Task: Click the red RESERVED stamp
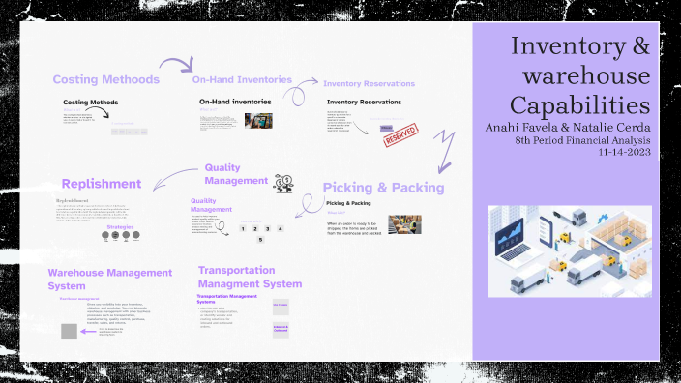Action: pyautogui.click(x=401, y=133)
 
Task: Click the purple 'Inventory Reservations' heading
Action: pyautogui.click(x=369, y=84)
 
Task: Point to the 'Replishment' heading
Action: pyautogui.click(x=101, y=184)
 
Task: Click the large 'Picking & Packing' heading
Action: pyautogui.click(x=383, y=188)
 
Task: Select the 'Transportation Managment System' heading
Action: pyautogui.click(x=250, y=277)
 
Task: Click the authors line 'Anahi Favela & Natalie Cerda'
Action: pyautogui.click(x=567, y=127)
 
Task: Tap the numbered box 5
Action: pyautogui.click(x=260, y=239)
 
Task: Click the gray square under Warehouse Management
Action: pyautogui.click(x=70, y=332)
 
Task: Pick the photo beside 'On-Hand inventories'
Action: pyautogui.click(x=258, y=122)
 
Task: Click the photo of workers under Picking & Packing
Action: pyautogui.click(x=404, y=224)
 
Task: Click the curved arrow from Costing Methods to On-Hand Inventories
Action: pyautogui.click(x=175, y=68)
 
